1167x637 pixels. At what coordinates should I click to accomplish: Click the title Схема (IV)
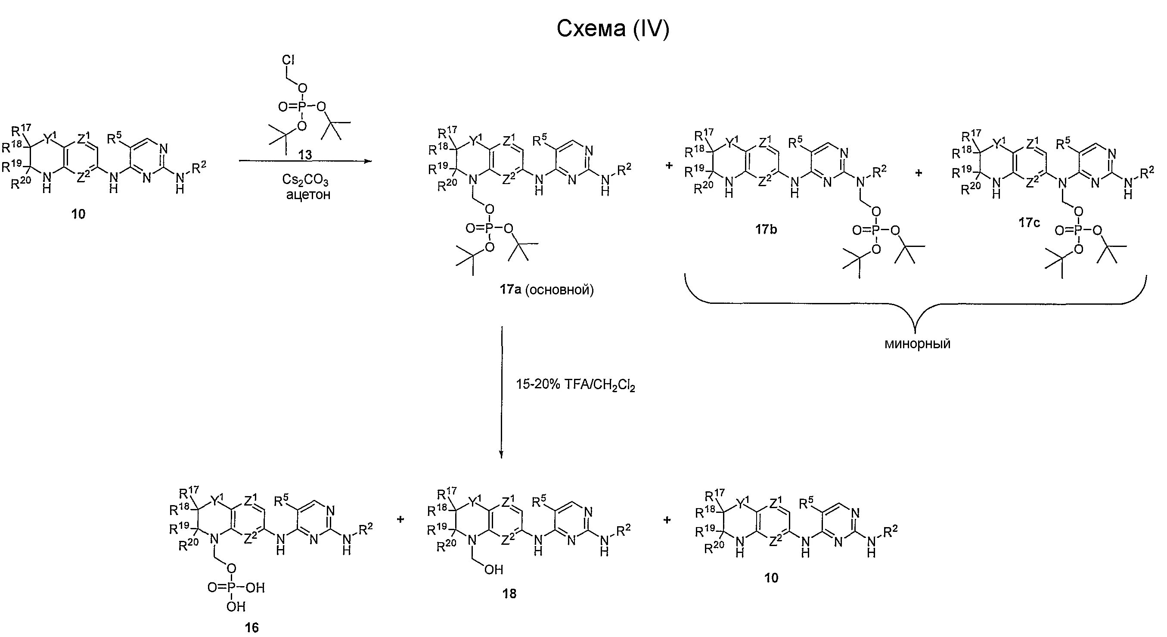coord(612,28)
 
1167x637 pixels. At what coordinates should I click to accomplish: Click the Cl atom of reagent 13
coord(289,60)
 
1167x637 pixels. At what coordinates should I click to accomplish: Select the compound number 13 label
coord(305,155)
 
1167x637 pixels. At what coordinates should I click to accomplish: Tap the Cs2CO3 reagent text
coord(305,180)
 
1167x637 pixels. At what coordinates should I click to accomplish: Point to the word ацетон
coord(308,195)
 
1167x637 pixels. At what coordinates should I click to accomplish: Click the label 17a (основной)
coord(546,289)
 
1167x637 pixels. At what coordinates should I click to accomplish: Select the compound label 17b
coord(766,229)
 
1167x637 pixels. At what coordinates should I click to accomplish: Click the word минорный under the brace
coord(917,343)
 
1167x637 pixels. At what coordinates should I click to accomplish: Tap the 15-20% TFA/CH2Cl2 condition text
coord(575,385)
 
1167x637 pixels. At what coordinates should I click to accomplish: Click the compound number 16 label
coord(251,628)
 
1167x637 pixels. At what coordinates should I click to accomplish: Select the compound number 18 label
coord(509,593)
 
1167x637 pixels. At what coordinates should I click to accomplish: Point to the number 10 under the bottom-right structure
coord(771,578)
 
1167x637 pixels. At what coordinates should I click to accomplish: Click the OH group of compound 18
coord(494,569)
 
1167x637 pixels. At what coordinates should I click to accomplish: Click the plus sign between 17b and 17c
coord(919,173)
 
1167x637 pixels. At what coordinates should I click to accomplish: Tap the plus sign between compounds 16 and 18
coord(400,519)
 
